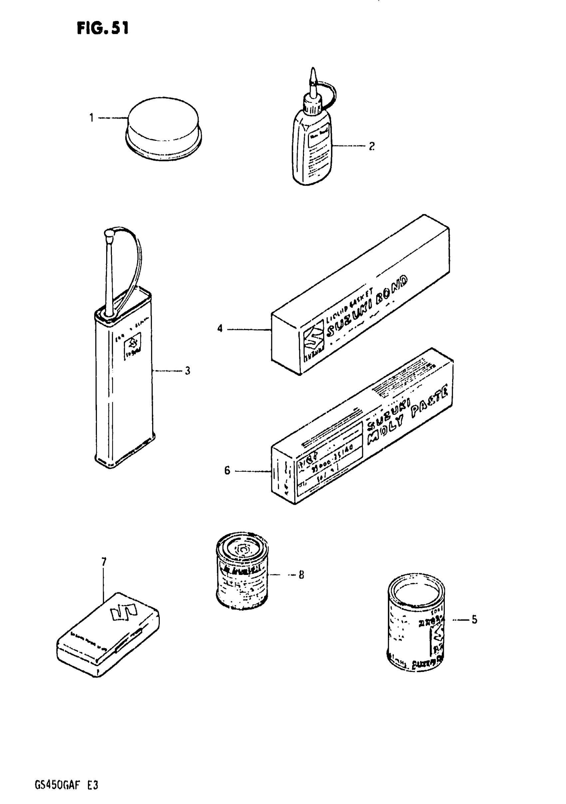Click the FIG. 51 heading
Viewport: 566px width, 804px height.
103,28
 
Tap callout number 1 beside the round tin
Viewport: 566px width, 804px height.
92,118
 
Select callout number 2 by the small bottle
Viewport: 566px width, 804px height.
372,146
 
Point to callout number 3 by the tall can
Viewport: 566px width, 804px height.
188,371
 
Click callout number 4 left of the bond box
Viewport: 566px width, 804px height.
220,329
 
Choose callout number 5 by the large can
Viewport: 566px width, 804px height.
474,620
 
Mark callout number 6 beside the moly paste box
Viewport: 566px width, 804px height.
227,470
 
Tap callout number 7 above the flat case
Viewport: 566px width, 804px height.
104,562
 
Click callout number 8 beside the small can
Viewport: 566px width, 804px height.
301,575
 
